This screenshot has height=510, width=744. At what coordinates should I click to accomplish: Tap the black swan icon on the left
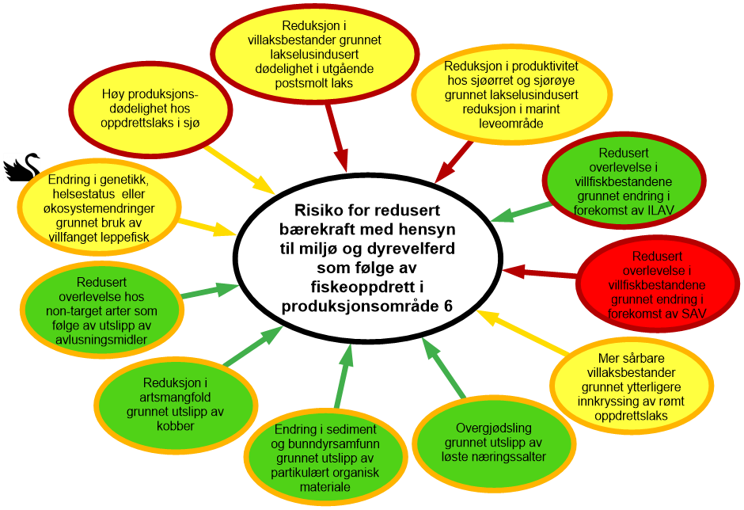[21, 166]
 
